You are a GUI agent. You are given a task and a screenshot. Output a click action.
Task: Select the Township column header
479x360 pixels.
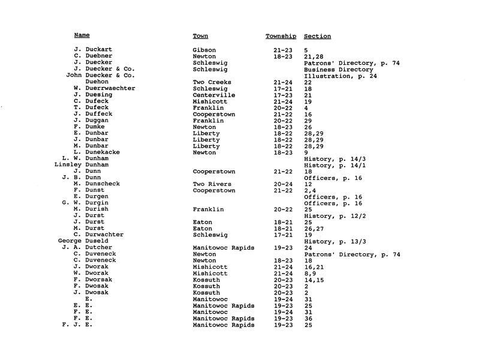[x=281, y=36]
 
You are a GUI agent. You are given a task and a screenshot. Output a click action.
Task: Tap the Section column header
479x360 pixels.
[x=317, y=36]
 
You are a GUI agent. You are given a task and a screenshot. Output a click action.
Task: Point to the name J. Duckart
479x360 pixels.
[x=93, y=49]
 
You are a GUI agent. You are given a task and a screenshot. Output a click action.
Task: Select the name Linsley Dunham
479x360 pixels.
[x=82, y=165]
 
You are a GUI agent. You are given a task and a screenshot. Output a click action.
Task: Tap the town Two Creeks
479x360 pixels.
[x=213, y=82]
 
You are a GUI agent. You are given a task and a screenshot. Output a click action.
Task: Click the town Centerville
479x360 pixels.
[x=214, y=95]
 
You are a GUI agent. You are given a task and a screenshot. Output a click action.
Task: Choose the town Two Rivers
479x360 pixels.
[x=213, y=184]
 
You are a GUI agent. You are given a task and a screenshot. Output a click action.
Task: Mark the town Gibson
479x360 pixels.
[x=204, y=49]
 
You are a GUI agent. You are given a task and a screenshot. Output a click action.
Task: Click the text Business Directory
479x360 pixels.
[x=339, y=69]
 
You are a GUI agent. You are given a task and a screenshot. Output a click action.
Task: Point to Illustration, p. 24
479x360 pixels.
[x=342, y=76]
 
